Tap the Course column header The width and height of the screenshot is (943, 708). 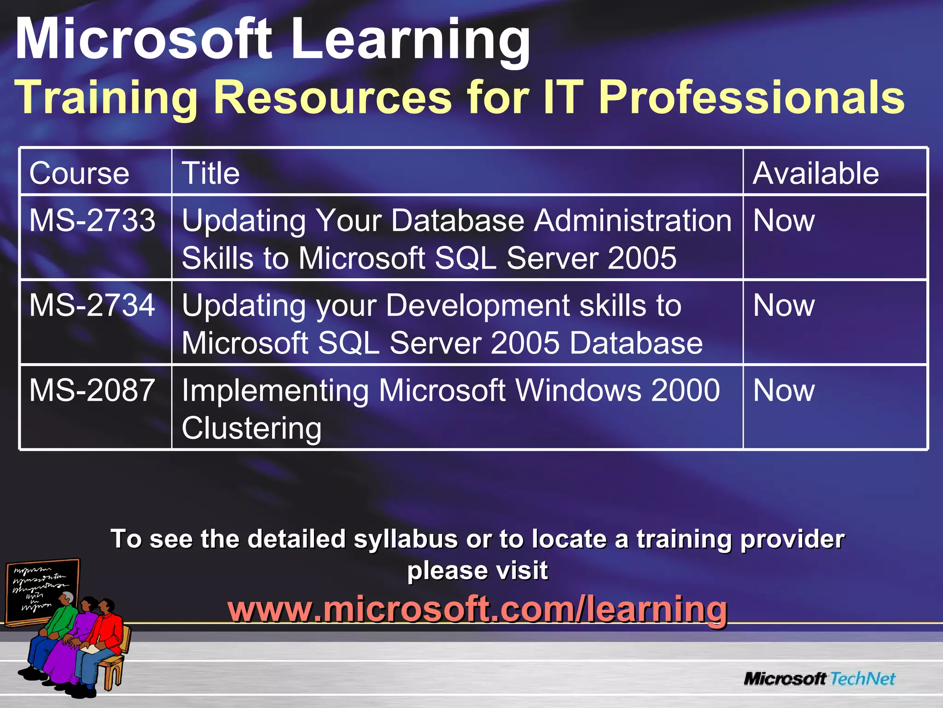[x=79, y=173]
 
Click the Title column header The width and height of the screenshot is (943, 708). [x=211, y=173]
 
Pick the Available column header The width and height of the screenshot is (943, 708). [x=815, y=173]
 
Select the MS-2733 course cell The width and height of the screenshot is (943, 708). [x=92, y=220]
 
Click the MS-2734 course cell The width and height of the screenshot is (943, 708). [x=92, y=305]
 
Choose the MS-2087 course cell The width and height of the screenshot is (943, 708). [x=92, y=390]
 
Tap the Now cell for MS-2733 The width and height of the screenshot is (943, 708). [x=784, y=220]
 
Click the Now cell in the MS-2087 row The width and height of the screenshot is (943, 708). [x=784, y=390]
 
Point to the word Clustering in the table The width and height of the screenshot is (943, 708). [x=251, y=429]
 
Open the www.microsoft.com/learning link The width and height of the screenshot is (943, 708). [x=477, y=609]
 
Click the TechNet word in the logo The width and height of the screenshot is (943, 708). [x=863, y=678]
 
